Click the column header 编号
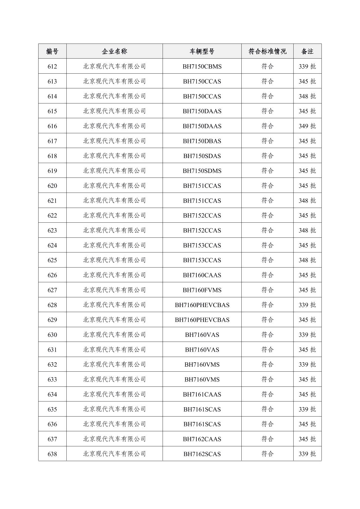[52, 51]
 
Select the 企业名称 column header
[114, 51]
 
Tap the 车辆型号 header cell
[202, 51]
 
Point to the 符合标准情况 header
[267, 51]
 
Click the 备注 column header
[307, 51]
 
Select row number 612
[52, 66]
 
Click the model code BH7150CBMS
[202, 66]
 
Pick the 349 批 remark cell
[307, 126]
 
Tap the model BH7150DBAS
[202, 141]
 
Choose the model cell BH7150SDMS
[202, 171]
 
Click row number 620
[52, 186]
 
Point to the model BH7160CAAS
[202, 275]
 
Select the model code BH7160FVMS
[202, 290]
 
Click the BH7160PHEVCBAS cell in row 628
[202, 305]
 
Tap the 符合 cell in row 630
[267, 335]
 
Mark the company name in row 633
[114, 379]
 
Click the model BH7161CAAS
[202, 394]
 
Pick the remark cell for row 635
[307, 409]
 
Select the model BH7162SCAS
[202, 454]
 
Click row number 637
[52, 439]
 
